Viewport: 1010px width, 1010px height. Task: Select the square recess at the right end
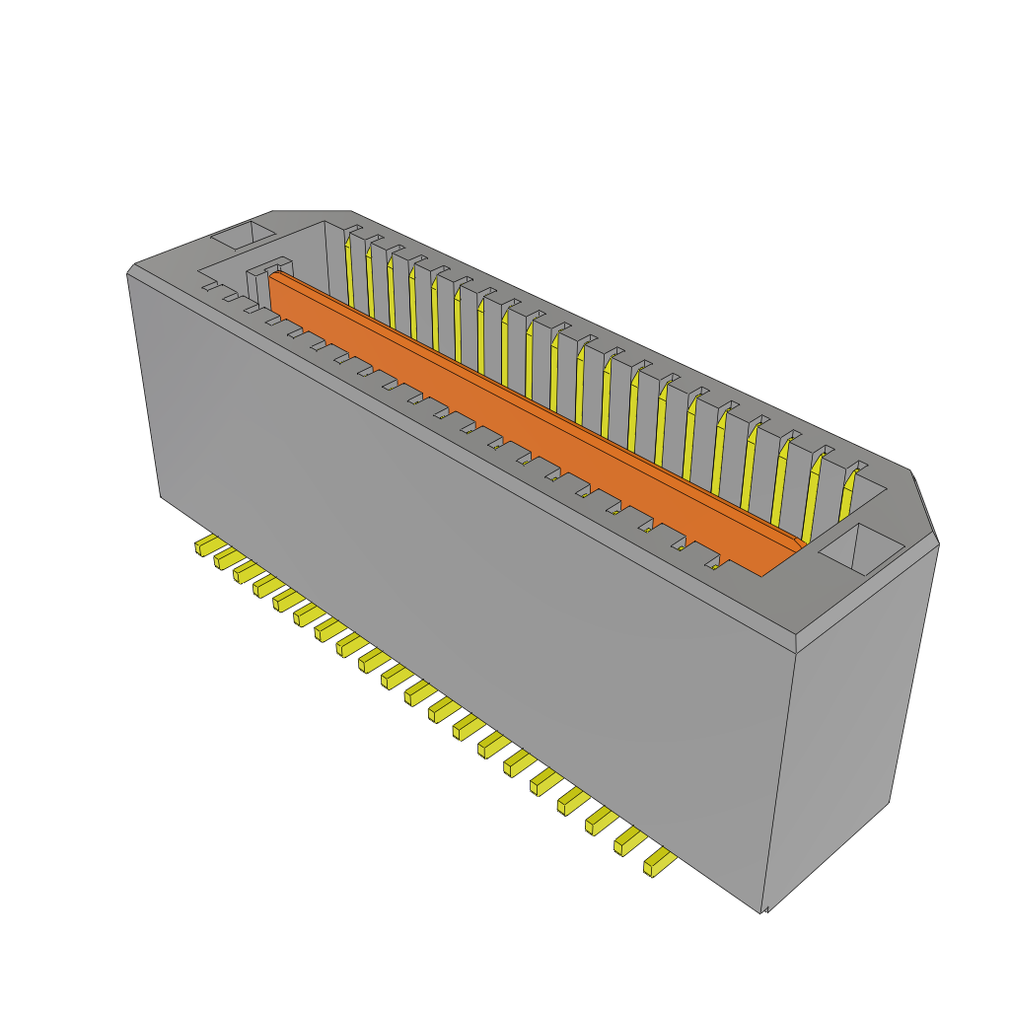coord(860,548)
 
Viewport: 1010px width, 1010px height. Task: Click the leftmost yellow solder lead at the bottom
coord(206,544)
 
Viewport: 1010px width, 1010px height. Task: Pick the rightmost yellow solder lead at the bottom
coord(659,864)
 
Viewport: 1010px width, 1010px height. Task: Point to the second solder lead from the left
coord(226,558)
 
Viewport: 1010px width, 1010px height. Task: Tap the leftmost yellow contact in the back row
coord(348,271)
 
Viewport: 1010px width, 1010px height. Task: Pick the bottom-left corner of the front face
coord(161,495)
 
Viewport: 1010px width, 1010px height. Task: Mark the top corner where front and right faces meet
coord(796,652)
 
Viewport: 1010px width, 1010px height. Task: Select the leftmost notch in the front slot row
coord(210,287)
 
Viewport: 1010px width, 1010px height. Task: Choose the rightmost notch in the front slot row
coord(713,566)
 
